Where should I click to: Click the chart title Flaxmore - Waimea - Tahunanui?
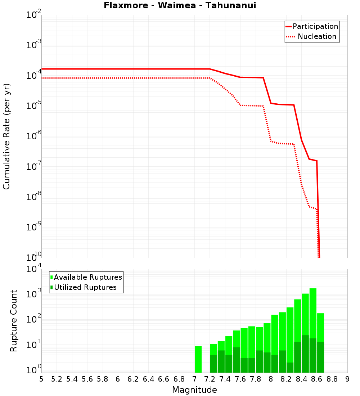coord(180,5)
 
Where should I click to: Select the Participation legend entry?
coord(315,26)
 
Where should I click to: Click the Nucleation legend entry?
coord(317,36)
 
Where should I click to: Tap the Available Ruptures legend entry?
coord(88,277)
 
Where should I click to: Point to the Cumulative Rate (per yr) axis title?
coord(6,136)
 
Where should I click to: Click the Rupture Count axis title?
coord(14,321)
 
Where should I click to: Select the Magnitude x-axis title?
coord(194,390)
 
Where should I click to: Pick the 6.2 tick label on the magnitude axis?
coord(133,379)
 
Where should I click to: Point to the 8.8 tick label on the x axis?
coord(332,379)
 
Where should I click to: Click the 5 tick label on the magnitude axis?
coord(41,379)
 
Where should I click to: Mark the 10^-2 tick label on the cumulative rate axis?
coord(34,15)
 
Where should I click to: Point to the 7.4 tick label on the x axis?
coord(225,379)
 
